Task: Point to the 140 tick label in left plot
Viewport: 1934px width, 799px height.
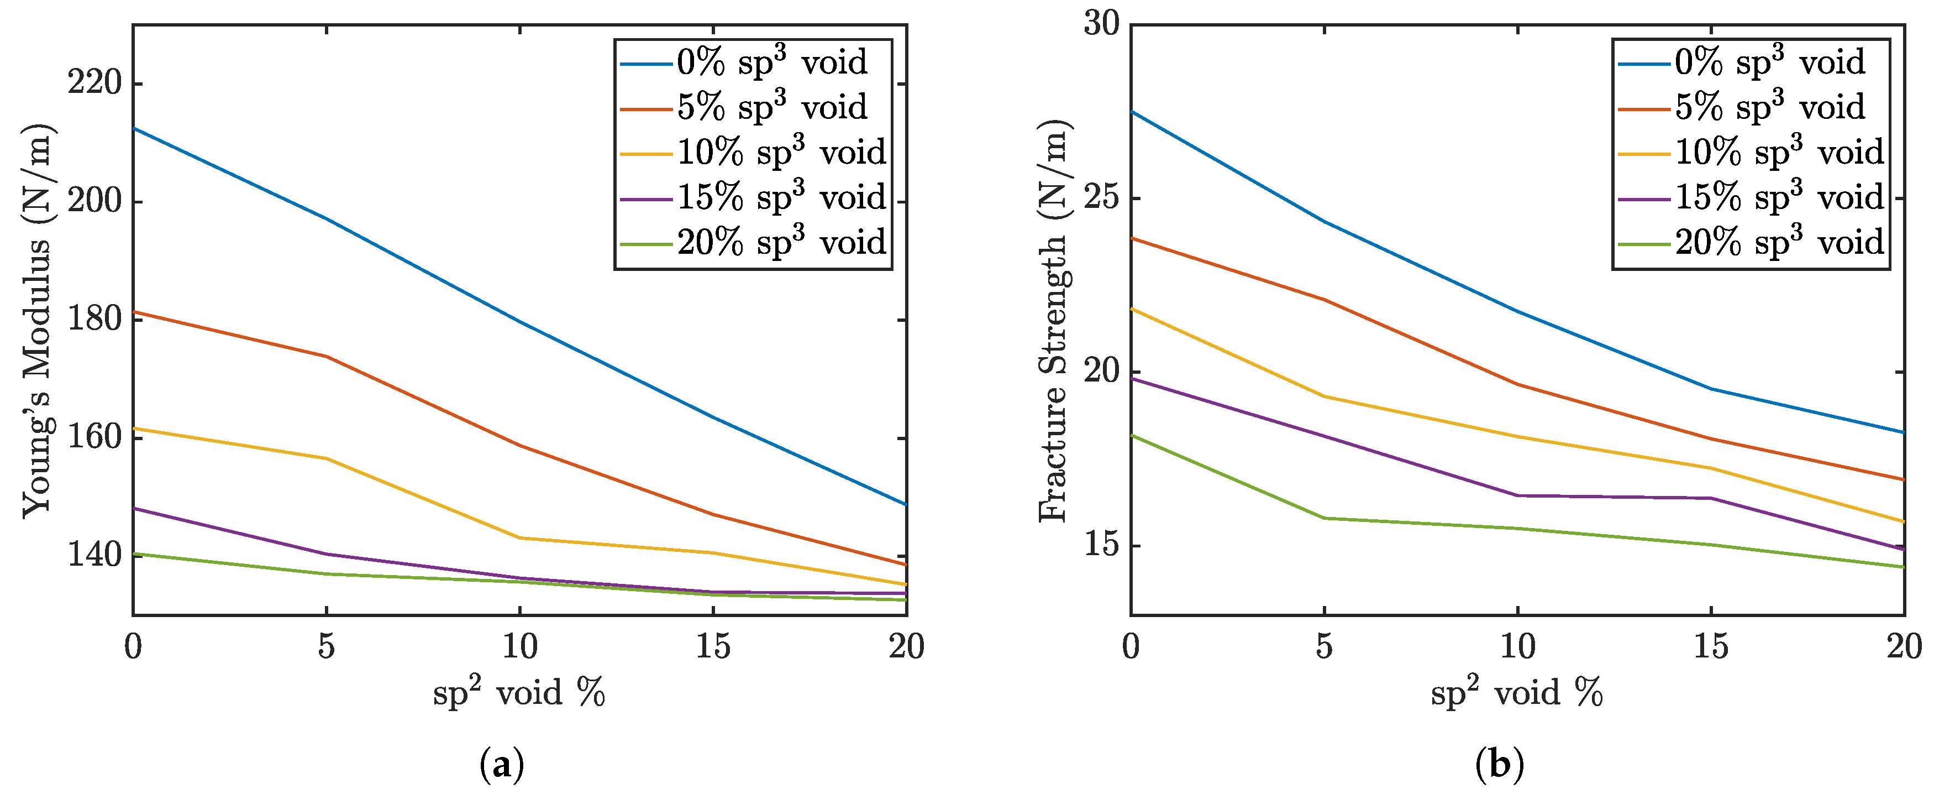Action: [94, 556]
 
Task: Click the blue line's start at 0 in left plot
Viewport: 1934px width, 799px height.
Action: [134, 128]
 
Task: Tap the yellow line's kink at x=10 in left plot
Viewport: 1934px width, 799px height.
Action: [519, 537]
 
